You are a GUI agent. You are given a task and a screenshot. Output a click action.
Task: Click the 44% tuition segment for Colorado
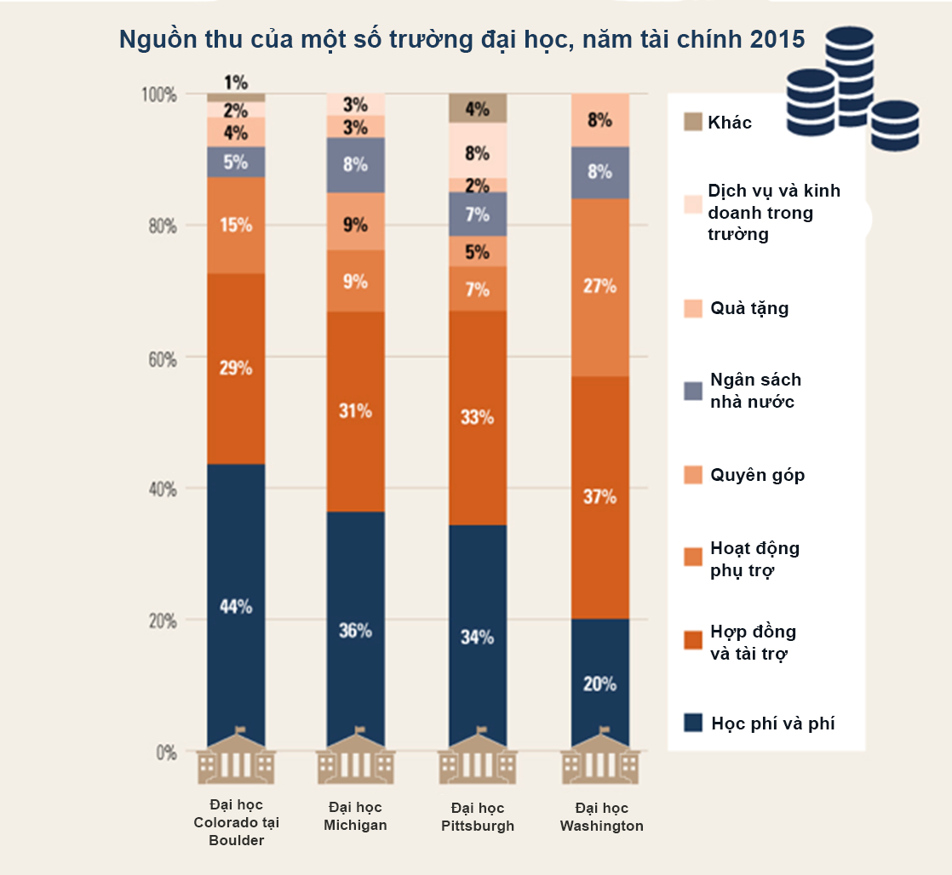(x=236, y=607)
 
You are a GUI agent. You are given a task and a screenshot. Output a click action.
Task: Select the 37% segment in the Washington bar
(x=599, y=497)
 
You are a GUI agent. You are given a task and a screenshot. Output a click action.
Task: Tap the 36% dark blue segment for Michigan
(x=356, y=631)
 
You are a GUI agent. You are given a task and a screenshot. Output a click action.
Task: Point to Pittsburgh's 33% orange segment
(x=478, y=417)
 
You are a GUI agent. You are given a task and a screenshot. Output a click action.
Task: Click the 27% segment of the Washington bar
(x=599, y=287)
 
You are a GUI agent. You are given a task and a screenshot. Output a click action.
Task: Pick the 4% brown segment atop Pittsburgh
(x=478, y=108)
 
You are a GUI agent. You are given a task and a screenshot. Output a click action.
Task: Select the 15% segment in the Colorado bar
(x=236, y=226)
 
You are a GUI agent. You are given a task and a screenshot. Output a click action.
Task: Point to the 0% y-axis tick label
(x=164, y=752)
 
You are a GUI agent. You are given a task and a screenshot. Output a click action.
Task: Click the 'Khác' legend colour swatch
(x=693, y=123)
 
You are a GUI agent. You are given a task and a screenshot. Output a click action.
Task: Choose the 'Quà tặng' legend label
(x=749, y=308)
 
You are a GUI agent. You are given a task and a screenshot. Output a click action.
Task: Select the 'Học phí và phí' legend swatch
(x=693, y=723)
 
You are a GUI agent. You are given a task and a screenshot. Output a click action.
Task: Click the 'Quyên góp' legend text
(x=757, y=474)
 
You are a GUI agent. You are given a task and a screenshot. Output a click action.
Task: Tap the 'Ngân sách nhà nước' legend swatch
(x=693, y=391)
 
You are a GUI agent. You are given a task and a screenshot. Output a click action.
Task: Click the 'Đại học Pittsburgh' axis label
(x=478, y=816)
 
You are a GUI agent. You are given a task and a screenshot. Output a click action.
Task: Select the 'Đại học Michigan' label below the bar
(x=356, y=816)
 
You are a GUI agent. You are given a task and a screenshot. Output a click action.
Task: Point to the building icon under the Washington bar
(x=599, y=758)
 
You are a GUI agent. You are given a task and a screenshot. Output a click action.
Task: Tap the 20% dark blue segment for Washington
(x=599, y=683)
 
